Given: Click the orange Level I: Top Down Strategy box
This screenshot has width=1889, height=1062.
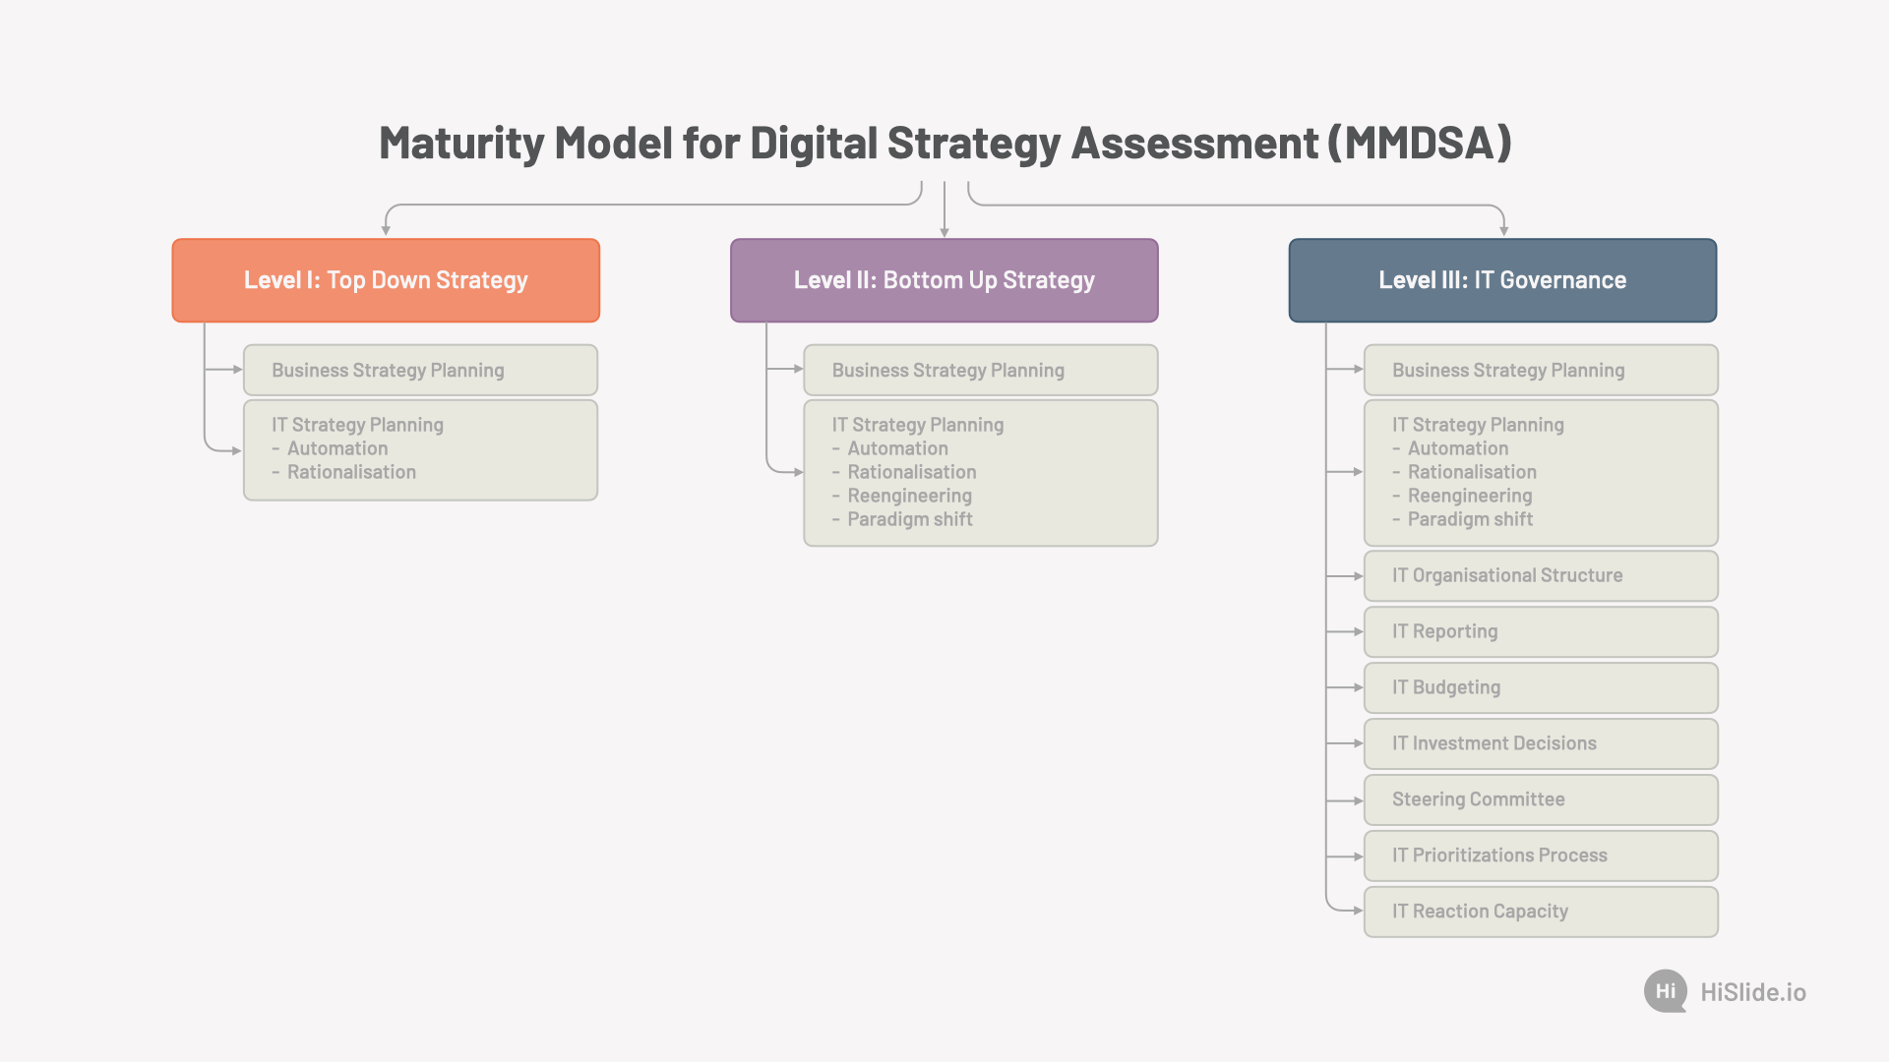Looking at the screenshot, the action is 386,280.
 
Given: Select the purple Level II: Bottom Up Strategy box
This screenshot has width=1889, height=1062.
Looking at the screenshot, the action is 944,280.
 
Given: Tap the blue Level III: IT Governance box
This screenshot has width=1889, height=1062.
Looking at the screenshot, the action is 1502,280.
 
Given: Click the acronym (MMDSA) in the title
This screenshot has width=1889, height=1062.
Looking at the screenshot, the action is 1420,144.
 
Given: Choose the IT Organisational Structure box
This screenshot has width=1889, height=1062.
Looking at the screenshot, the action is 1541,576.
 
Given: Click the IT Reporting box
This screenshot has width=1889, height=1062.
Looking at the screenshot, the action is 1541,632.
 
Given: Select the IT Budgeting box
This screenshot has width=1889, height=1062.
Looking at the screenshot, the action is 1541,688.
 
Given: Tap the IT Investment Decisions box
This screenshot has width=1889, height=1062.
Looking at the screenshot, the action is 1541,744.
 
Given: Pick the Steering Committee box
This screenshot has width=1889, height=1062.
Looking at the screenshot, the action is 1541,800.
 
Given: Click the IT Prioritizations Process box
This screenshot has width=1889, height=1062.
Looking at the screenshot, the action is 1541,856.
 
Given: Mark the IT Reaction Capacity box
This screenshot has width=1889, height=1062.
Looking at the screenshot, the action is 1541,913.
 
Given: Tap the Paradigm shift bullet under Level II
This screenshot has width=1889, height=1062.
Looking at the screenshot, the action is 902,519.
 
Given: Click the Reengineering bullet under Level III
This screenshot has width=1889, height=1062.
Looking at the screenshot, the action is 1462,496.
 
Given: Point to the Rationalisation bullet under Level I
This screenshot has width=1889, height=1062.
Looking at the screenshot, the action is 343,472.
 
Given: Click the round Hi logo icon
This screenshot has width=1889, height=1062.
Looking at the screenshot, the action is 1666,991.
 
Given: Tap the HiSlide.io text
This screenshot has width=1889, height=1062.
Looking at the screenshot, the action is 1753,992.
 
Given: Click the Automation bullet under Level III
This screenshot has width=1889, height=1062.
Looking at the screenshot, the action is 1450,448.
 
